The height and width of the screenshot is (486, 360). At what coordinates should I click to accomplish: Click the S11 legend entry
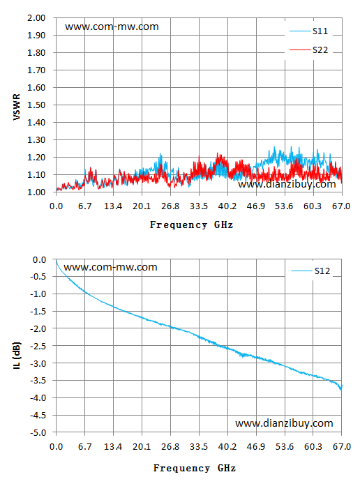tap(309, 31)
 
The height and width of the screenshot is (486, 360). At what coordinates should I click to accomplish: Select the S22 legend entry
tap(309, 50)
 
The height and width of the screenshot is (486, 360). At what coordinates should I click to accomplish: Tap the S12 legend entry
tap(310, 271)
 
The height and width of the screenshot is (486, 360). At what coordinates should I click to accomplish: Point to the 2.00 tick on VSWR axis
tap(36, 18)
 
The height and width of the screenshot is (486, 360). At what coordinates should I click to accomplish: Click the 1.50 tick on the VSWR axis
tap(36, 105)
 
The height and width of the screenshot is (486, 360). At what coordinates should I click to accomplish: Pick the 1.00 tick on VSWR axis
tap(36, 192)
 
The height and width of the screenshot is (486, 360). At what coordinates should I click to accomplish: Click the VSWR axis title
tap(17, 107)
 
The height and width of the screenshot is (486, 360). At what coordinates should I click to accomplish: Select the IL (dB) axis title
tap(17, 355)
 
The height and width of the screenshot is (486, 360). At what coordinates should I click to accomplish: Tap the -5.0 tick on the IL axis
tap(38, 432)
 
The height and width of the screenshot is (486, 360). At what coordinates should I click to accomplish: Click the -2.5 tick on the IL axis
tap(38, 346)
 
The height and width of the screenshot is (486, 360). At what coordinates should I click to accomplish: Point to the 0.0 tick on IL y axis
tap(39, 260)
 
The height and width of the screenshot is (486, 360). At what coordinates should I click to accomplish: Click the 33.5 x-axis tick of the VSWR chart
tap(199, 206)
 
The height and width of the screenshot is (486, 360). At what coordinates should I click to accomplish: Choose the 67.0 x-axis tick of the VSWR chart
tap(341, 206)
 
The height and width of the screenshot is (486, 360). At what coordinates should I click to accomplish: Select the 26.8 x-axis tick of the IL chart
tap(170, 447)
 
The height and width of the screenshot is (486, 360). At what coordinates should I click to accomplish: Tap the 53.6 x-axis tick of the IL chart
tap(285, 447)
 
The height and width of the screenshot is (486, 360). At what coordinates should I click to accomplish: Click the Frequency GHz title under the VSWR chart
tap(191, 225)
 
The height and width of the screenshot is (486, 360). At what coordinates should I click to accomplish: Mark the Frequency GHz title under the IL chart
tap(195, 468)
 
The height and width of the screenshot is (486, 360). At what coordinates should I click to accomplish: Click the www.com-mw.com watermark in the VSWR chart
tap(112, 26)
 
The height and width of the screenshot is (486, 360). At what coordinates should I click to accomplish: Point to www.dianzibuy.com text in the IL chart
tap(284, 423)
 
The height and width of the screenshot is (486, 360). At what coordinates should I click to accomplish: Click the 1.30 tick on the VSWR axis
tap(36, 139)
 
